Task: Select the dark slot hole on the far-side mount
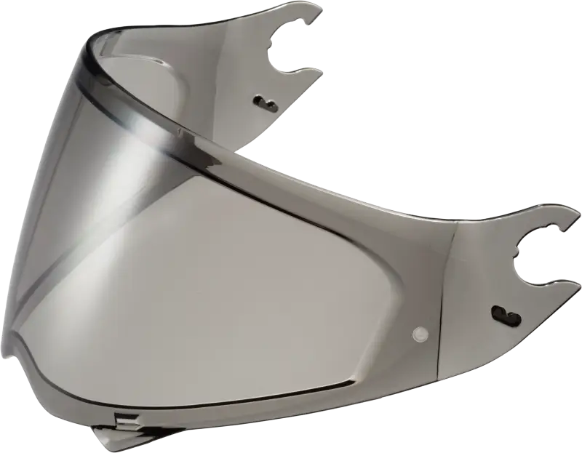tap(263, 100)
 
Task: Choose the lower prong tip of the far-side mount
tap(320, 70)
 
